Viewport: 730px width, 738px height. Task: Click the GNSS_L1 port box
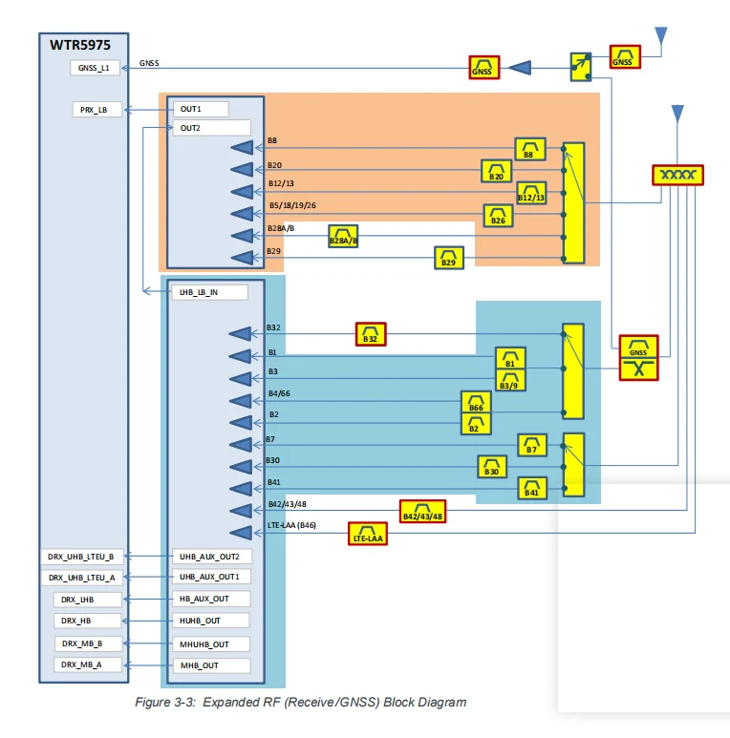point(97,68)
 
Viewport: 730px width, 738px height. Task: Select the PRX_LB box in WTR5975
point(97,110)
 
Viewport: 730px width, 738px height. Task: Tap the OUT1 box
point(209,109)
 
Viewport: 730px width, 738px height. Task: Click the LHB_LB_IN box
point(208,292)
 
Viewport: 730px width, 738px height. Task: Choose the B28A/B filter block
point(343,236)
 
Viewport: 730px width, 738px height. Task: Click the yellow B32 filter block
point(372,334)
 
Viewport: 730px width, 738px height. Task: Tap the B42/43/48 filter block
point(423,511)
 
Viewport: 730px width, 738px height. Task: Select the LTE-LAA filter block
point(367,534)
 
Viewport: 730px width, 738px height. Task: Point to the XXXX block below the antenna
point(677,176)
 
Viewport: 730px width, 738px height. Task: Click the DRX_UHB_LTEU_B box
point(81,556)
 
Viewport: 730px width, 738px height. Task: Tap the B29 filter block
point(449,257)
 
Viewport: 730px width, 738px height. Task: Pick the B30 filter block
point(491,466)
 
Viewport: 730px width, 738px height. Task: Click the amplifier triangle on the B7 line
point(241,444)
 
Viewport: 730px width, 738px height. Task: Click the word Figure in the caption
point(153,703)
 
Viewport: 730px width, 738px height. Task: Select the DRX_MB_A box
point(88,664)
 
